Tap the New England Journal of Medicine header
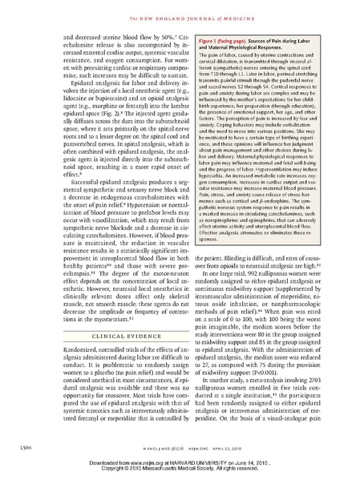[180, 9]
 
